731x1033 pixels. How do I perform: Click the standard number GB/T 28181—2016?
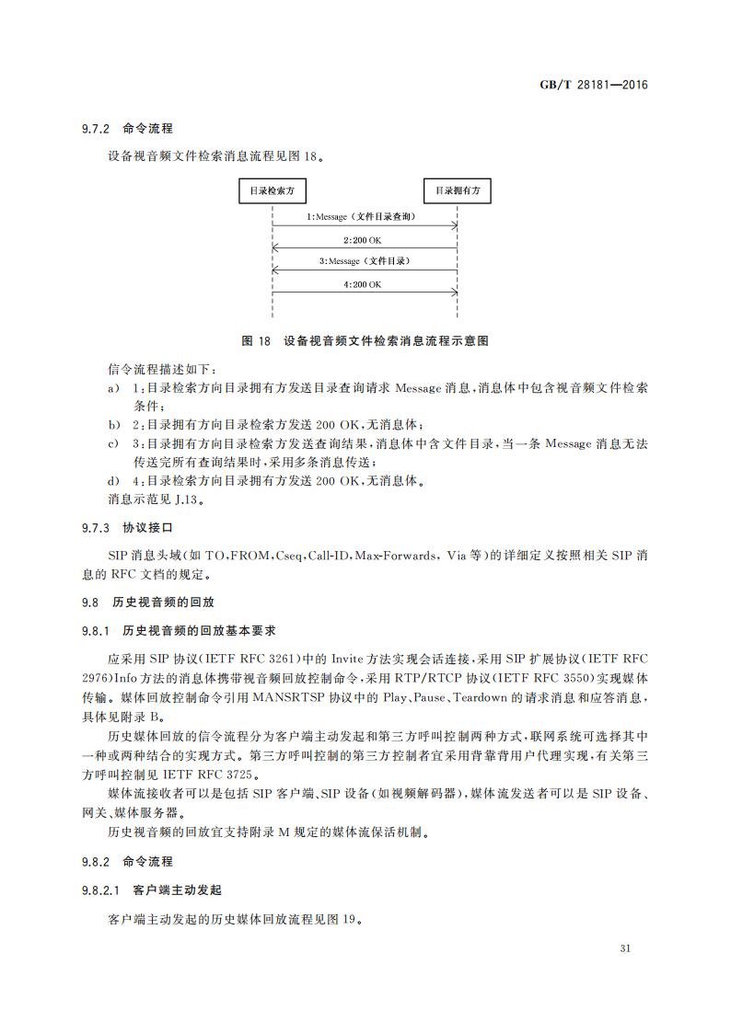tap(594, 85)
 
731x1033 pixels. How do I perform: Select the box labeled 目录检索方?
tap(273, 191)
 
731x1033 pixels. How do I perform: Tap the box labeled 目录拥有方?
tap(458, 191)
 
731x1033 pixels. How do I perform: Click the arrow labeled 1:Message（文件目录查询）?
tap(365, 225)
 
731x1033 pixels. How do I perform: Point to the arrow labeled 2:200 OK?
tap(365, 248)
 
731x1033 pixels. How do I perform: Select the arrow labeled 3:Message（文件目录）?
tap(365, 270)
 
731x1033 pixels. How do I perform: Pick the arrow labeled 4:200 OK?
tap(365, 293)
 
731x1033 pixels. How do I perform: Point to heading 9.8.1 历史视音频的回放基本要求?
tap(179, 631)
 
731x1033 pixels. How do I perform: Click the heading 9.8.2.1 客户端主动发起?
tap(151, 890)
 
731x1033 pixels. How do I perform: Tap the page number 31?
tap(626, 948)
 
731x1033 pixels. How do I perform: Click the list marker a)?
tap(113, 388)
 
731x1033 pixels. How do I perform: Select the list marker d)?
tap(113, 480)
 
